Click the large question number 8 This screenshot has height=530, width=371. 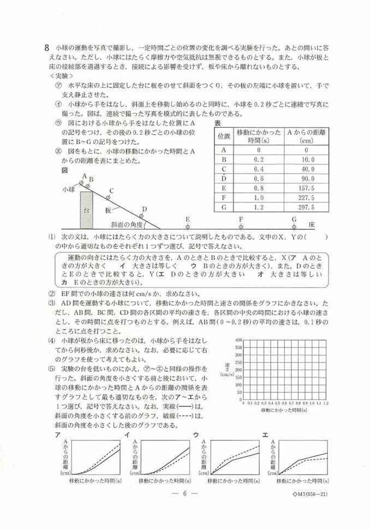[47, 47]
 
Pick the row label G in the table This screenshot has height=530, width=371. [223, 208]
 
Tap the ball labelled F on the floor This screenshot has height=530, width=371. [241, 225]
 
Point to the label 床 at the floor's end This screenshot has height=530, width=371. [311, 224]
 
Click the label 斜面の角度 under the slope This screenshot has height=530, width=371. [126, 224]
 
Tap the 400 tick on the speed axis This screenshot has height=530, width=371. [238, 340]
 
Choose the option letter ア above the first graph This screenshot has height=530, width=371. [56, 434]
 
